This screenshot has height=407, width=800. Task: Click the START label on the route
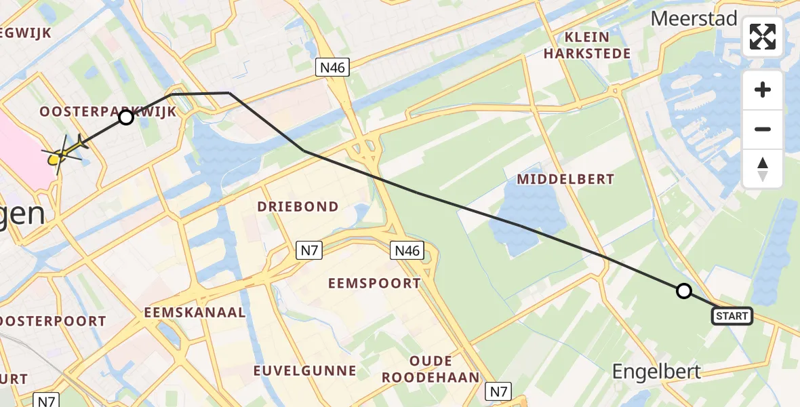[x=732, y=315]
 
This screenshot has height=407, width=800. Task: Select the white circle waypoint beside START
[x=684, y=291]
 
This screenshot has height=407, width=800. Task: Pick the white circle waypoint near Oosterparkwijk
[x=126, y=117]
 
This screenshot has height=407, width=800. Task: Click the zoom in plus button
[x=763, y=90]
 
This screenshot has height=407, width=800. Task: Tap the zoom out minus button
[x=763, y=129]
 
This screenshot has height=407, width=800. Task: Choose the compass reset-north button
[x=763, y=168]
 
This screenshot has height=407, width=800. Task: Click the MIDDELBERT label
[x=565, y=179]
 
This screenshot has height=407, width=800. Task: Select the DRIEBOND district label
[x=298, y=206]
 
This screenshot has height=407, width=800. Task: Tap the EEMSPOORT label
[x=374, y=284]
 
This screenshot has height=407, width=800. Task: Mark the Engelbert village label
[x=656, y=370]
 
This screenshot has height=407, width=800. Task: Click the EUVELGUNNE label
[x=304, y=370]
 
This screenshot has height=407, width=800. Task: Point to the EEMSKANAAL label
[x=195, y=312]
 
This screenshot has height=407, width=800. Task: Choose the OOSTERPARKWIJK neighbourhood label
[x=108, y=112]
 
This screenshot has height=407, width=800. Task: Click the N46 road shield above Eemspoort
[x=407, y=251]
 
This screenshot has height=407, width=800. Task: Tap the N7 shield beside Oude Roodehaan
[x=498, y=391]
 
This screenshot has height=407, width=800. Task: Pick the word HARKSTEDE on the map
[x=586, y=53]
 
